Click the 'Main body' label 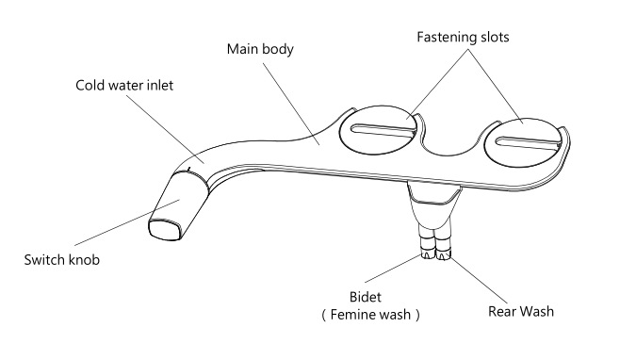pos(260,49)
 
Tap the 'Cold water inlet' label pos(124,85)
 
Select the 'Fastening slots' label pos(463,37)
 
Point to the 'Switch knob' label pos(61,260)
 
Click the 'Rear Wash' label pos(521,311)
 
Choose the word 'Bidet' pos(365,297)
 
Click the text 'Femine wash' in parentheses pos(370,315)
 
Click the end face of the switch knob pos(165,230)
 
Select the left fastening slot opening pos(383,130)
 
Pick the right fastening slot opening pos(528,142)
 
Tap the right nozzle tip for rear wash pos(443,255)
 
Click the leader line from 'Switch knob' pos(127,222)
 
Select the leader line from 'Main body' pos(291,104)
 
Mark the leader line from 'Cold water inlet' pos(165,129)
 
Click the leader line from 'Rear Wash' pos(479,280)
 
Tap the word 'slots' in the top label pos(495,37)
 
